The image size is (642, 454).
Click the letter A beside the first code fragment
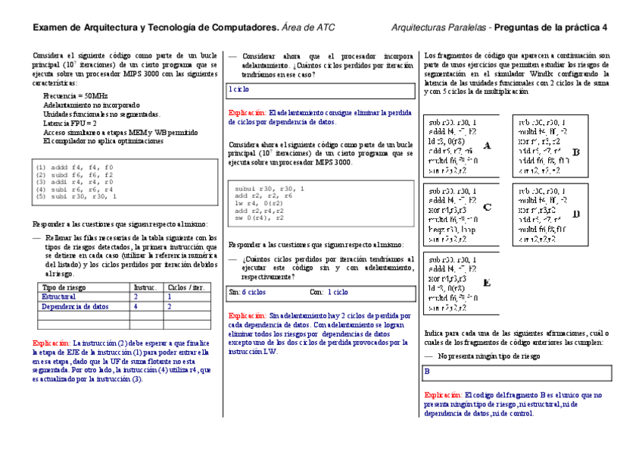click(487, 146)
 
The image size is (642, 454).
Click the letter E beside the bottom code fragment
click(487, 283)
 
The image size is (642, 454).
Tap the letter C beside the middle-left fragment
click(487, 206)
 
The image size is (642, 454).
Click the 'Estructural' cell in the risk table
click(59, 297)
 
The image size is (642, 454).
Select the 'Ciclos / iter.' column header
click(186, 287)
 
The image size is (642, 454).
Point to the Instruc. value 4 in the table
click(136, 307)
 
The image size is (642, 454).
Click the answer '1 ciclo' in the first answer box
click(239, 89)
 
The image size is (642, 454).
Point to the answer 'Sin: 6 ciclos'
click(247, 291)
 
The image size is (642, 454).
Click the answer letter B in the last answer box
click(427, 372)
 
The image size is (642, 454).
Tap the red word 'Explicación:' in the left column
click(51, 343)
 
